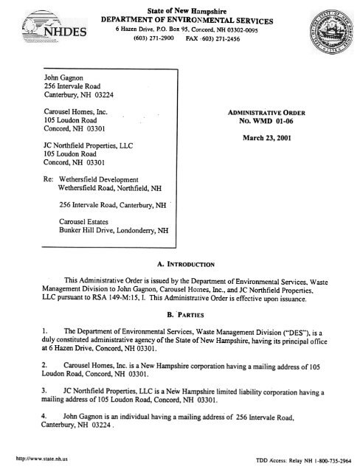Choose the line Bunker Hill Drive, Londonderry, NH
[x=114, y=231]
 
